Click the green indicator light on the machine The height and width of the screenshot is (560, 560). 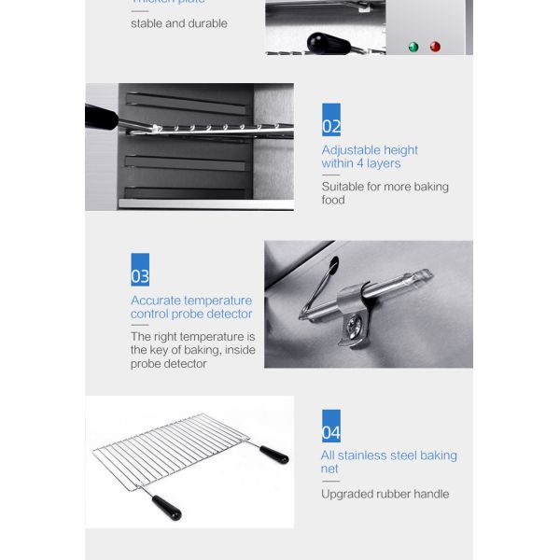point(413,47)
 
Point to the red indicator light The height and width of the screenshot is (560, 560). point(435,47)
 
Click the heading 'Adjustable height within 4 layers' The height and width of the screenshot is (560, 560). point(370,157)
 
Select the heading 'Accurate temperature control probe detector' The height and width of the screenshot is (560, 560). point(191,307)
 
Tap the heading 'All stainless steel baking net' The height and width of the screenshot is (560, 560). point(388,462)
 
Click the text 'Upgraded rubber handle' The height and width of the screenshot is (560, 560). point(385,494)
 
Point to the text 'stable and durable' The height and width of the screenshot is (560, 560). point(178,23)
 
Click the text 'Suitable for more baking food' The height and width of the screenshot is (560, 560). point(385,193)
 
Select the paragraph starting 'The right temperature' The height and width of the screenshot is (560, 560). point(192,350)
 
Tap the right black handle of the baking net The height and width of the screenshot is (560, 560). point(274,455)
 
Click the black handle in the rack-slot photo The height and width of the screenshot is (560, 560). point(101,118)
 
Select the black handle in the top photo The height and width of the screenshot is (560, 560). point(328,42)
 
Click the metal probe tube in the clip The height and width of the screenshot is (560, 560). point(397,284)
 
